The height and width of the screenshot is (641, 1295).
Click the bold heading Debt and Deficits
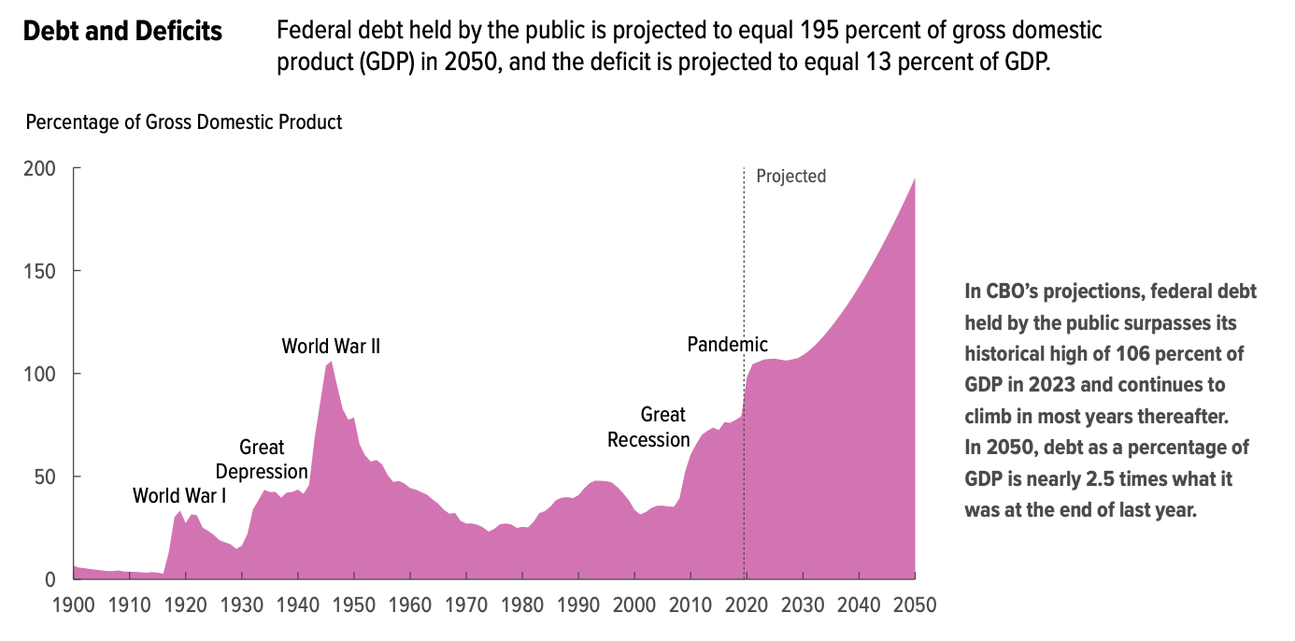(122, 32)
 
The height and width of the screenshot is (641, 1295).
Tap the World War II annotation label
(331, 347)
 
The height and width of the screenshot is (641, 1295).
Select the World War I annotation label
(179, 495)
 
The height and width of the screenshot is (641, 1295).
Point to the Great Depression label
(262, 460)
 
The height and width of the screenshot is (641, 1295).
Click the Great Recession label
(648, 426)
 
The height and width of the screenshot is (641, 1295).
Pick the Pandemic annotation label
(727, 344)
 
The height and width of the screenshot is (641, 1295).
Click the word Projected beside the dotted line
(790, 176)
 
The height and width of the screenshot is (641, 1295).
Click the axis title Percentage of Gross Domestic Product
(184, 122)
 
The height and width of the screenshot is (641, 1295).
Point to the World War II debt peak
(331, 362)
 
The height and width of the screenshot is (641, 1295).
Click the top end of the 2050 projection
(914, 178)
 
